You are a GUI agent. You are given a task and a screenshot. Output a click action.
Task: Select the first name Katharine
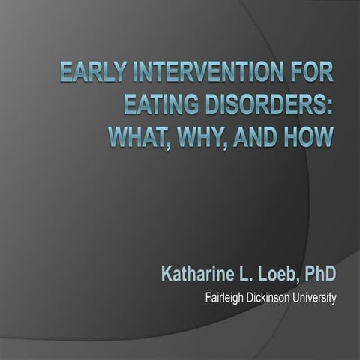tap(198, 272)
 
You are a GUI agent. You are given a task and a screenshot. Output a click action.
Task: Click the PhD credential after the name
tap(319, 272)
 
